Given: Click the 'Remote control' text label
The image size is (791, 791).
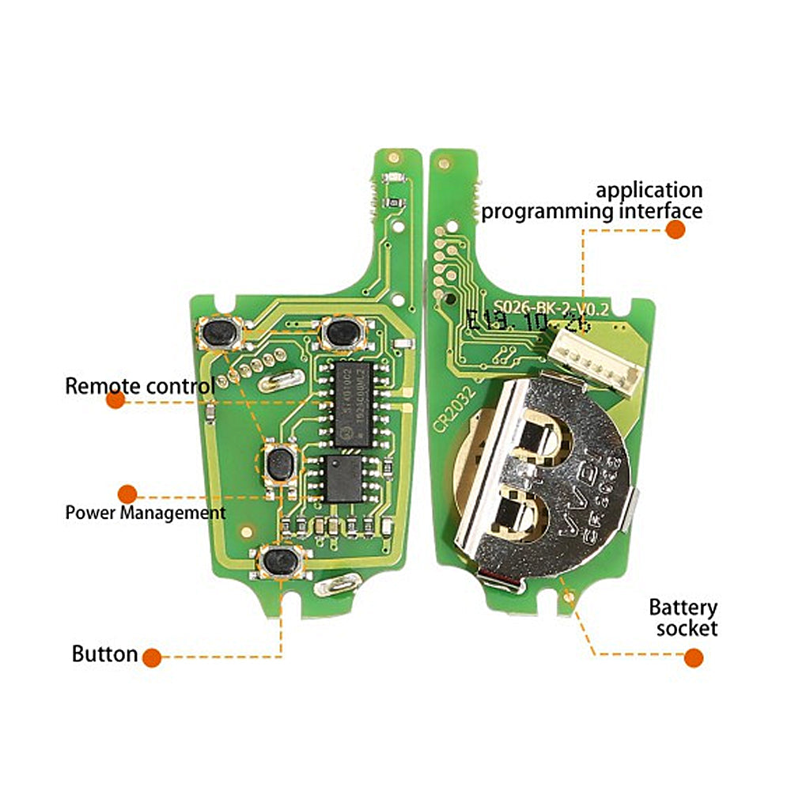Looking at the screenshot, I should click(x=139, y=386).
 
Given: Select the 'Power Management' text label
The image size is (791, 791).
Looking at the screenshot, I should click(x=145, y=513).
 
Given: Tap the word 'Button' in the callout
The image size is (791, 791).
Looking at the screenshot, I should click(x=104, y=654).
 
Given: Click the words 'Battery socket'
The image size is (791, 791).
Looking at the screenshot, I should click(x=683, y=618).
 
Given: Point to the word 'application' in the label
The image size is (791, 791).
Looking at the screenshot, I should click(x=649, y=191).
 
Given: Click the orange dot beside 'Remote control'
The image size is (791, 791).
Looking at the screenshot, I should click(x=115, y=400).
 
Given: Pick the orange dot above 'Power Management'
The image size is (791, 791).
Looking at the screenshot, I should click(x=127, y=494).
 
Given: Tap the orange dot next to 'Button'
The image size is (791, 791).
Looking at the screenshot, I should click(x=152, y=657).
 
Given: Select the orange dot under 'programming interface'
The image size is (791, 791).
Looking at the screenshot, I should click(x=675, y=229).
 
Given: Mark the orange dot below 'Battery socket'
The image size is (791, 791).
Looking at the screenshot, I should click(x=694, y=657).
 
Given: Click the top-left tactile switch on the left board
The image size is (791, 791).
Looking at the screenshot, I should click(x=221, y=333).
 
